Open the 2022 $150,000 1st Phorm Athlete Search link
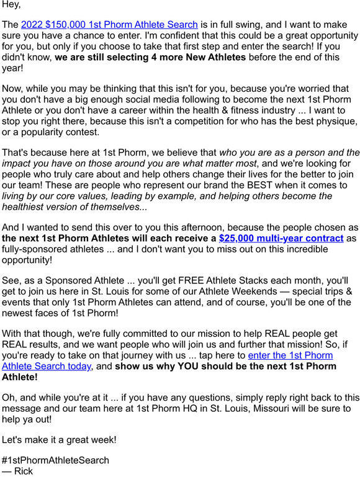(x=109, y=25)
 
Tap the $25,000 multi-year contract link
(x=281, y=238)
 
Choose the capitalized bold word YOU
(x=181, y=366)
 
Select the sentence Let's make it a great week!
(x=58, y=440)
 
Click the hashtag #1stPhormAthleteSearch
(x=55, y=460)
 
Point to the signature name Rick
(x=22, y=471)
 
